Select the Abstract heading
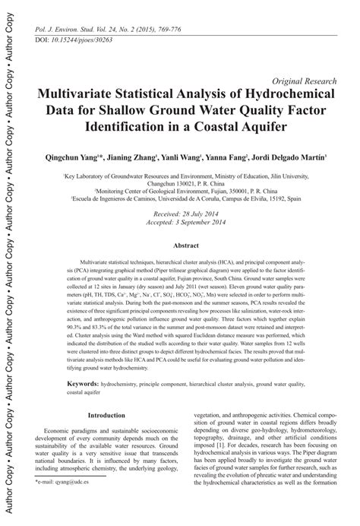click(x=186, y=246)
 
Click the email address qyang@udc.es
click(x=81, y=505)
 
